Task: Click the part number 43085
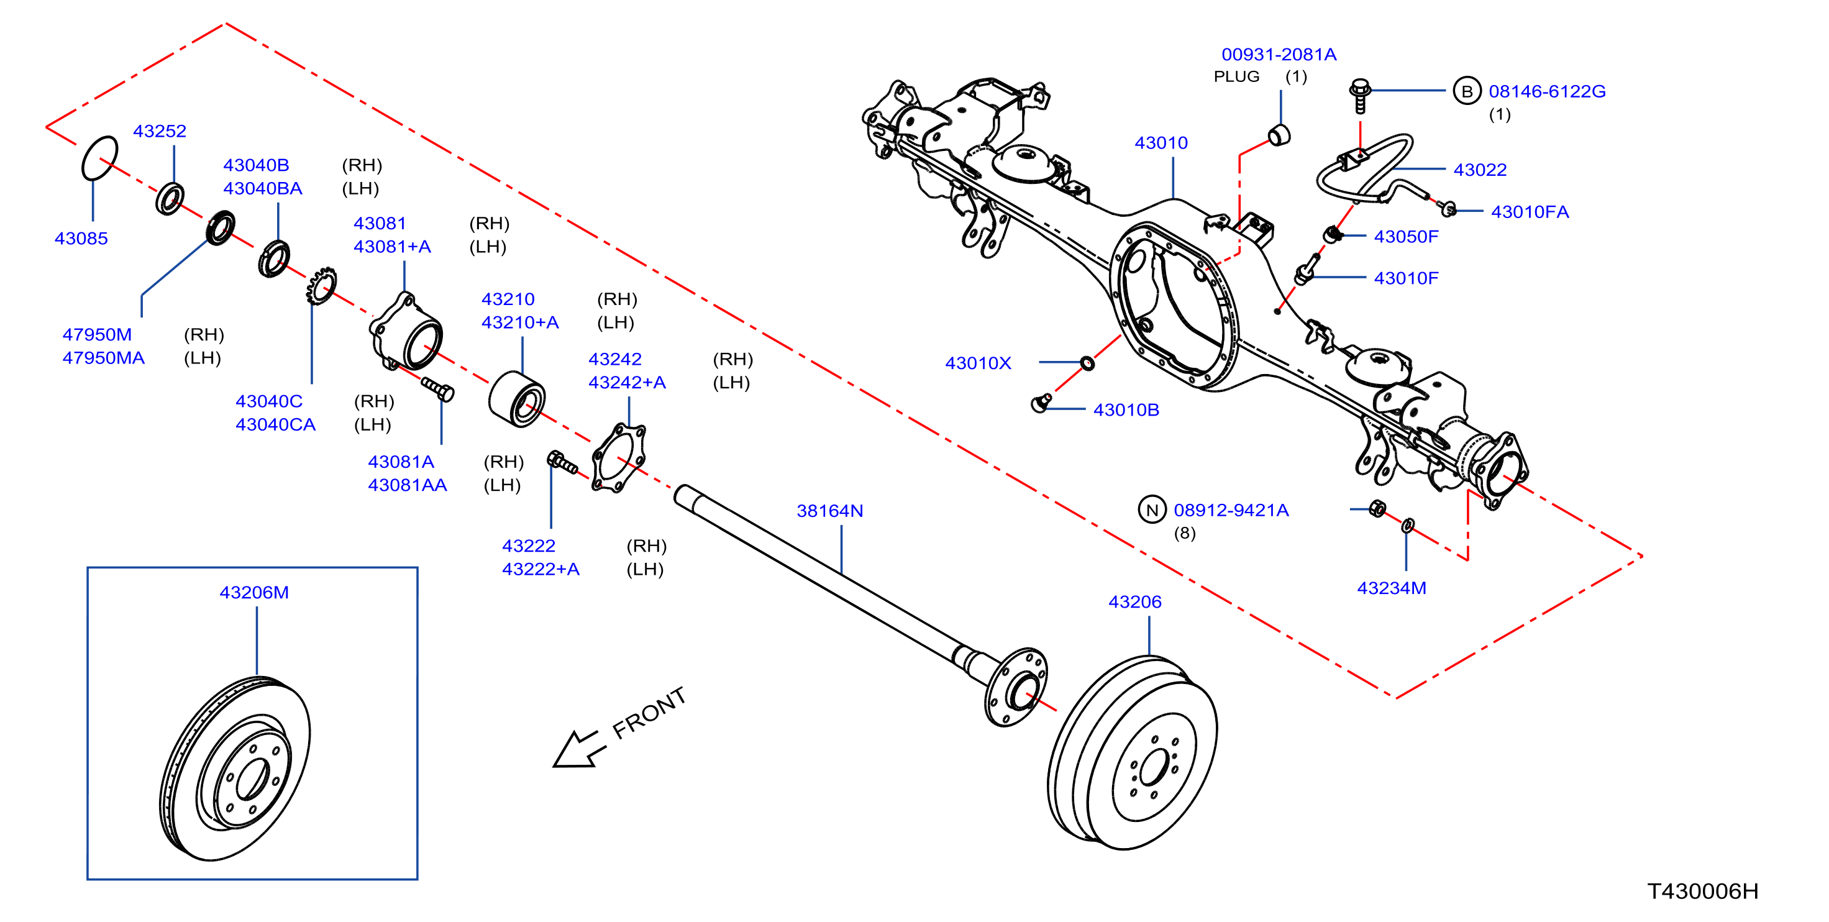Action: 81,238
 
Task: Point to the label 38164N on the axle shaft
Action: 830,511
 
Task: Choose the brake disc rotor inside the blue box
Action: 235,768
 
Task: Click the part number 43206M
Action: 254,593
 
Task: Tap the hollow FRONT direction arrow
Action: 578,749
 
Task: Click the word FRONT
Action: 649,713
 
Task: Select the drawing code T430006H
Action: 1703,891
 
